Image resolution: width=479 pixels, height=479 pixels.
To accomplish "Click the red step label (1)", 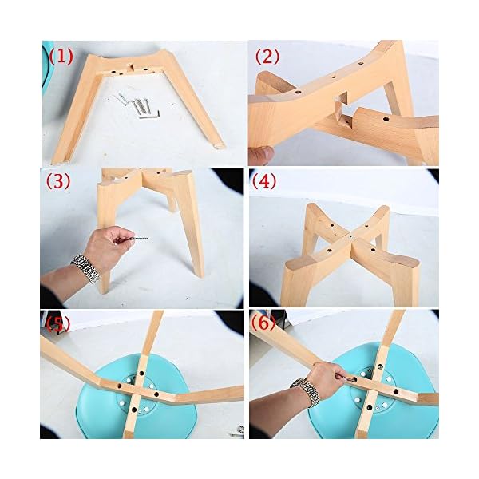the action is (61, 57).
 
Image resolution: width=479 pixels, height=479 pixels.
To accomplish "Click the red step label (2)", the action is (267, 57).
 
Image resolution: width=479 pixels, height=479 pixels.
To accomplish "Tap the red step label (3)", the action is (58, 181).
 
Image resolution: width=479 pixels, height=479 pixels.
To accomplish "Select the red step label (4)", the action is (264, 181).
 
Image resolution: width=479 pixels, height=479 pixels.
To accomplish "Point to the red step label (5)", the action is (58, 324).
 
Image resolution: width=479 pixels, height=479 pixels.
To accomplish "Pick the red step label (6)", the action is (263, 323).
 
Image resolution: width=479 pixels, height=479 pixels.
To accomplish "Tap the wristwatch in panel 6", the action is (306, 392).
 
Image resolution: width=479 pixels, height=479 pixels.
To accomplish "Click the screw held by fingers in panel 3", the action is (139, 238).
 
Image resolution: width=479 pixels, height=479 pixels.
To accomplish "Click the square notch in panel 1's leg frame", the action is (132, 68).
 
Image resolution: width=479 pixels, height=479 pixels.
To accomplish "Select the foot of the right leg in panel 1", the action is (220, 146).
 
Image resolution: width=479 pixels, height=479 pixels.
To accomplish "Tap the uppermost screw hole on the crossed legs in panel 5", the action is (142, 373).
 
